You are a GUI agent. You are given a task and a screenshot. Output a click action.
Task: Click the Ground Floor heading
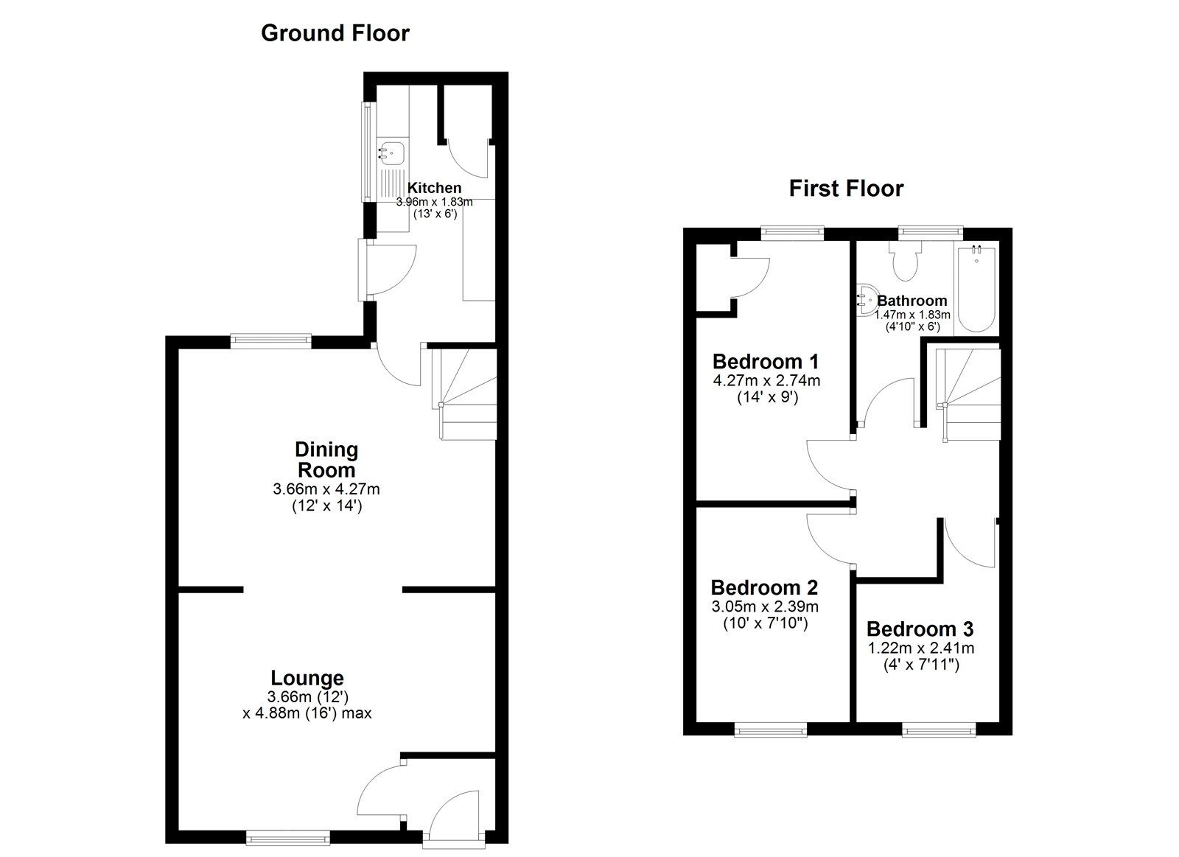click(335, 33)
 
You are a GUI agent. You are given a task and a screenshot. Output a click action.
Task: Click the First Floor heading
click(845, 189)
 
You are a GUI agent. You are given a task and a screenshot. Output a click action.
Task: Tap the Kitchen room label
click(434, 188)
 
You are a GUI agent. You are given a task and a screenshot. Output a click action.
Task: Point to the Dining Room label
click(326, 459)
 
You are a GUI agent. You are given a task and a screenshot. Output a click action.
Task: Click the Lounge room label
click(307, 678)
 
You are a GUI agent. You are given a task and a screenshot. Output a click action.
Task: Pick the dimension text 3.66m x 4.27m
click(326, 489)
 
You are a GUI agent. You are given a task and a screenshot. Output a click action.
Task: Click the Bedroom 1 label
click(766, 362)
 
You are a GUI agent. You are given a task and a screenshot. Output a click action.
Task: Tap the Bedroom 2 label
click(764, 588)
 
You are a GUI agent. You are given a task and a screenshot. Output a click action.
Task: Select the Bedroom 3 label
click(920, 629)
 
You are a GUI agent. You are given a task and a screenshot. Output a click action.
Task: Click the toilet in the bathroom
click(903, 262)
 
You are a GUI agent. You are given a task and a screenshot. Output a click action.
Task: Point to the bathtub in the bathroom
click(976, 289)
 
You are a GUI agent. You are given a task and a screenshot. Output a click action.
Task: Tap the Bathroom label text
click(912, 301)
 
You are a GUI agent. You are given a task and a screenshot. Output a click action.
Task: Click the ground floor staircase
click(465, 394)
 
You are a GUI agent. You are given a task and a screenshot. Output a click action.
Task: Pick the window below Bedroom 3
click(940, 730)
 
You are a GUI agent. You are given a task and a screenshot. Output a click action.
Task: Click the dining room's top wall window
click(270, 340)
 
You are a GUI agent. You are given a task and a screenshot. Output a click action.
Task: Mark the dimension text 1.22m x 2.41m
click(920, 648)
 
